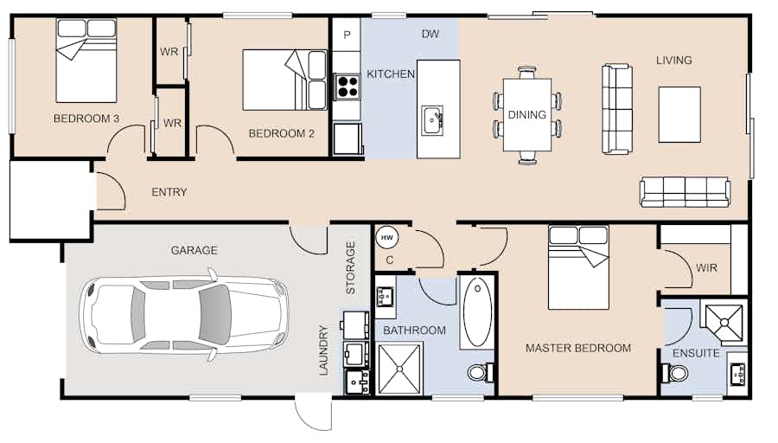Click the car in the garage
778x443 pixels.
[183, 314]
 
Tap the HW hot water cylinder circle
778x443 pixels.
[386, 237]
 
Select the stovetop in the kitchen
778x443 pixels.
[347, 87]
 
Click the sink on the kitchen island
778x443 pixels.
[432, 120]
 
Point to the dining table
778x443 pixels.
[527, 115]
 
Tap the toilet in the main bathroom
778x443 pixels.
[481, 372]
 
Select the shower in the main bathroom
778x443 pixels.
[399, 369]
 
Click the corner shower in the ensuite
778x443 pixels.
[724, 323]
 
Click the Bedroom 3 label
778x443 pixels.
[86, 119]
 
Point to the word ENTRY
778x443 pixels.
[169, 192]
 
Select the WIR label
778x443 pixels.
[706, 268]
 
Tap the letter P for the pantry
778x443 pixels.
[347, 35]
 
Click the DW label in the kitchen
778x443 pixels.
[430, 34]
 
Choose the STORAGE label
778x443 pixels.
[351, 267]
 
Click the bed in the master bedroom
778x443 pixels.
[578, 267]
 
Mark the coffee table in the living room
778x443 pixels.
[679, 115]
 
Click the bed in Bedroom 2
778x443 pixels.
[284, 80]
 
